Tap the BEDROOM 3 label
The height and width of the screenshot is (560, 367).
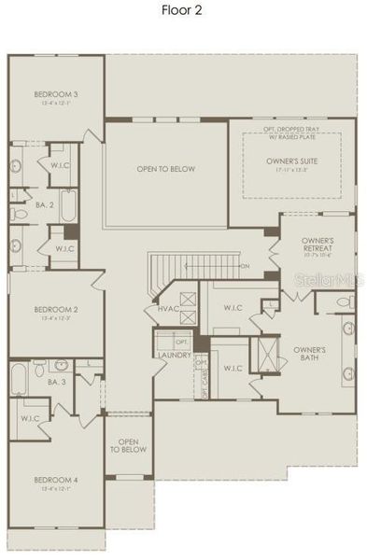click(56, 93)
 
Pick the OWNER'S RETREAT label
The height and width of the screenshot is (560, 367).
click(317, 245)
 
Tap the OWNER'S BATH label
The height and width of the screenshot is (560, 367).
click(309, 354)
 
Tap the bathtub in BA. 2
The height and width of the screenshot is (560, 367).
click(67, 208)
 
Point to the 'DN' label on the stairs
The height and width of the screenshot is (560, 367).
click(245, 266)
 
